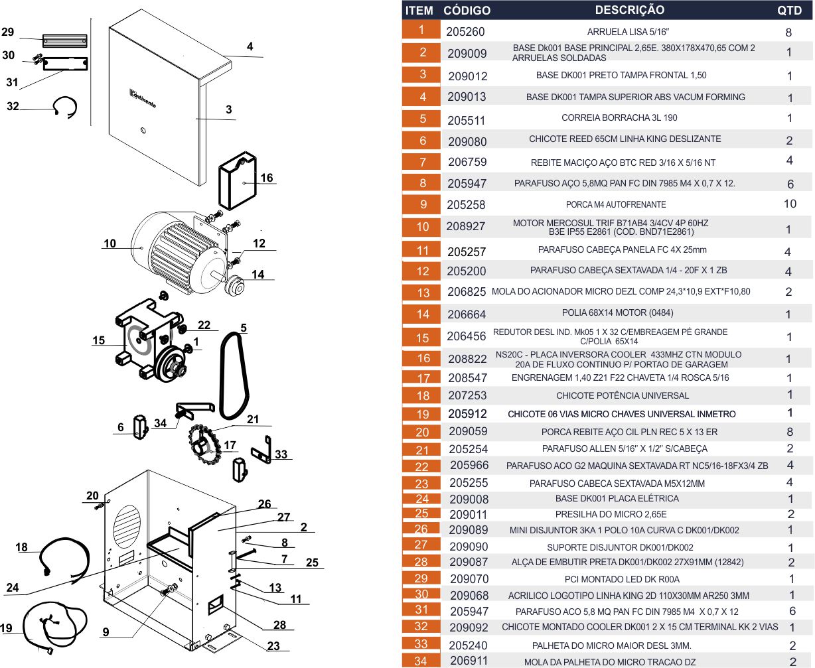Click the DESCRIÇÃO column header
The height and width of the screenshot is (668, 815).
629,10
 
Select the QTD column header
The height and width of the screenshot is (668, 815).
789,11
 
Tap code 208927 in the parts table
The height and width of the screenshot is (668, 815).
465,226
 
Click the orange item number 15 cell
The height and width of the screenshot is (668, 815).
422,337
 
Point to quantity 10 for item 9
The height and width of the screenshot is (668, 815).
789,204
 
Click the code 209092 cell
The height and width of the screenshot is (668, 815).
468,628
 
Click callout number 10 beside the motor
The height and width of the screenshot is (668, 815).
110,243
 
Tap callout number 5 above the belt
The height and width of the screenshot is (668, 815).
244,328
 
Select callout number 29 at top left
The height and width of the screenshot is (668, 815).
7,32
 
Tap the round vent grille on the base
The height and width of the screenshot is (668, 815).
127,524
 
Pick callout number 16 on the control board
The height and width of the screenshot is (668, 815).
266,178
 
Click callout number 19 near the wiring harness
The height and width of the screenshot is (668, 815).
6,628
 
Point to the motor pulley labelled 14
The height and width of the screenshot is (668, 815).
235,287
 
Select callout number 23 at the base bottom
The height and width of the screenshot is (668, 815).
273,645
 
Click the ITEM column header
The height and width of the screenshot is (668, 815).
419,11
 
